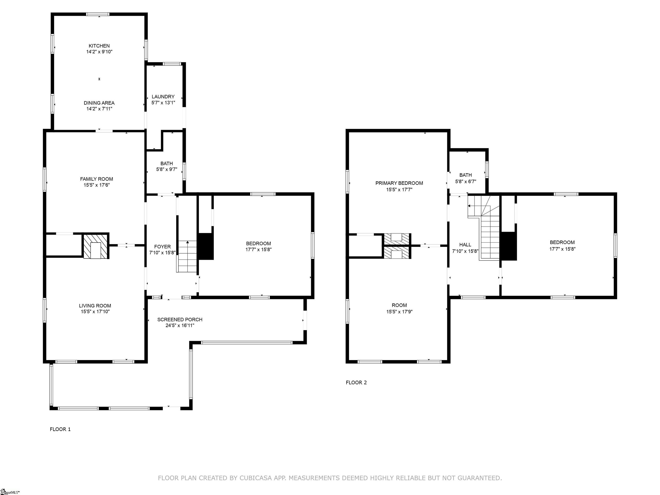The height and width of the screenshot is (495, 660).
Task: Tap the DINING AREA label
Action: coord(99,103)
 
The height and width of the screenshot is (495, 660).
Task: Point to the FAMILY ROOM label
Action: coord(96,179)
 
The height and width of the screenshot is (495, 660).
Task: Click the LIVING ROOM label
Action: coord(95,306)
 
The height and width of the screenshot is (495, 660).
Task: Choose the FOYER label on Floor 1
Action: coord(162,246)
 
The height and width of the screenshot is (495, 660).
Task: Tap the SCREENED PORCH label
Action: coord(180,319)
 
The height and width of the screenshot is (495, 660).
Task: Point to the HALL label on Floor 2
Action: coord(465,245)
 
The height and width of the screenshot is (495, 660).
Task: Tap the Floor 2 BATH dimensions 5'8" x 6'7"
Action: coord(466,181)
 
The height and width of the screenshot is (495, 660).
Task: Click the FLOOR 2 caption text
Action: coord(356,382)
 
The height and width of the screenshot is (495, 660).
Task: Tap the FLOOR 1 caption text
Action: coord(60,429)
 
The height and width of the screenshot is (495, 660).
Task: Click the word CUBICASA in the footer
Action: coord(256,478)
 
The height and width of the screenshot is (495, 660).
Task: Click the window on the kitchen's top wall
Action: coord(98,14)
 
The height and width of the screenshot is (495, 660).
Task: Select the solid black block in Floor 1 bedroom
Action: coord(206,246)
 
